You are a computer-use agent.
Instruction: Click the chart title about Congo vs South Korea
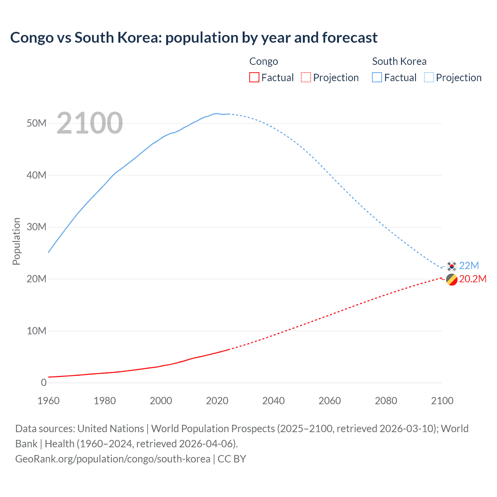[x=194, y=38]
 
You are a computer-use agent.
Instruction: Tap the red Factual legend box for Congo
[x=254, y=77]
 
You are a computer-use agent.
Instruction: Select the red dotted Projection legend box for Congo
[x=306, y=77]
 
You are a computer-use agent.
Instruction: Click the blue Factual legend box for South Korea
[x=377, y=77]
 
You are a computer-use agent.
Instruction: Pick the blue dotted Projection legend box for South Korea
[x=429, y=77]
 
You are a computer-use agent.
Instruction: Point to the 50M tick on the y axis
[x=36, y=123]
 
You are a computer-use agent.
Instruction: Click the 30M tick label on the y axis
[x=36, y=227]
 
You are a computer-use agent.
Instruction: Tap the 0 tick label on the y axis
[x=43, y=382]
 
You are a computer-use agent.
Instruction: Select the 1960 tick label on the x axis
[x=49, y=401]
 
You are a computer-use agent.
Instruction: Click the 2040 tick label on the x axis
[x=273, y=401]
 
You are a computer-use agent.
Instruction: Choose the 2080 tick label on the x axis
[x=386, y=401]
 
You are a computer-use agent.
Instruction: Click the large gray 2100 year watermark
[x=90, y=123]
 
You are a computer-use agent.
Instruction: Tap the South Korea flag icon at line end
[x=451, y=266]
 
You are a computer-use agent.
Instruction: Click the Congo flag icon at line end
[x=451, y=280]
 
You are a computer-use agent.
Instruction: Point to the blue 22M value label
[x=469, y=266]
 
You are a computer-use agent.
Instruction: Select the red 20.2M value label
[x=473, y=279]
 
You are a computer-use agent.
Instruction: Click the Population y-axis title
[x=16, y=241]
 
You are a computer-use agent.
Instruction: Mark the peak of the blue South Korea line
[x=217, y=113]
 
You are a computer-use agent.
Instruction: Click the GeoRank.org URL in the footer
[x=113, y=459]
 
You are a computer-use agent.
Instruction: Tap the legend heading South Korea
[x=399, y=61]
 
